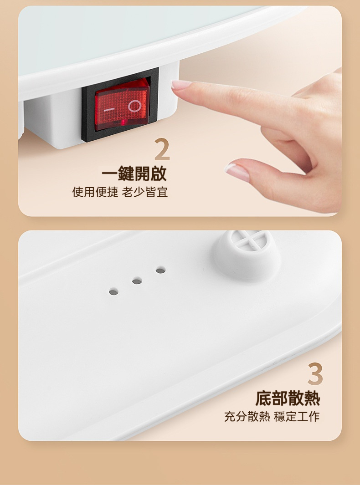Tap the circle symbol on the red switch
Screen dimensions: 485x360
135,106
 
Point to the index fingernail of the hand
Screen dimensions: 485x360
181,85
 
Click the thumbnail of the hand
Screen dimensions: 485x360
237,172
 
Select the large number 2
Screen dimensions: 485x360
162,150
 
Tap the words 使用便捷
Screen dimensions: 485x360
95,192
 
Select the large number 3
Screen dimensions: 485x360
315,374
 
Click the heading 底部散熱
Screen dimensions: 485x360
288,398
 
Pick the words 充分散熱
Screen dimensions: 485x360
247,416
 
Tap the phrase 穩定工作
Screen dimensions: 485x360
297,416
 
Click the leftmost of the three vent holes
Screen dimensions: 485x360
113,291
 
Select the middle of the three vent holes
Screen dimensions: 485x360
137,281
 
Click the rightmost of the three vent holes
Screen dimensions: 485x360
160,271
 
